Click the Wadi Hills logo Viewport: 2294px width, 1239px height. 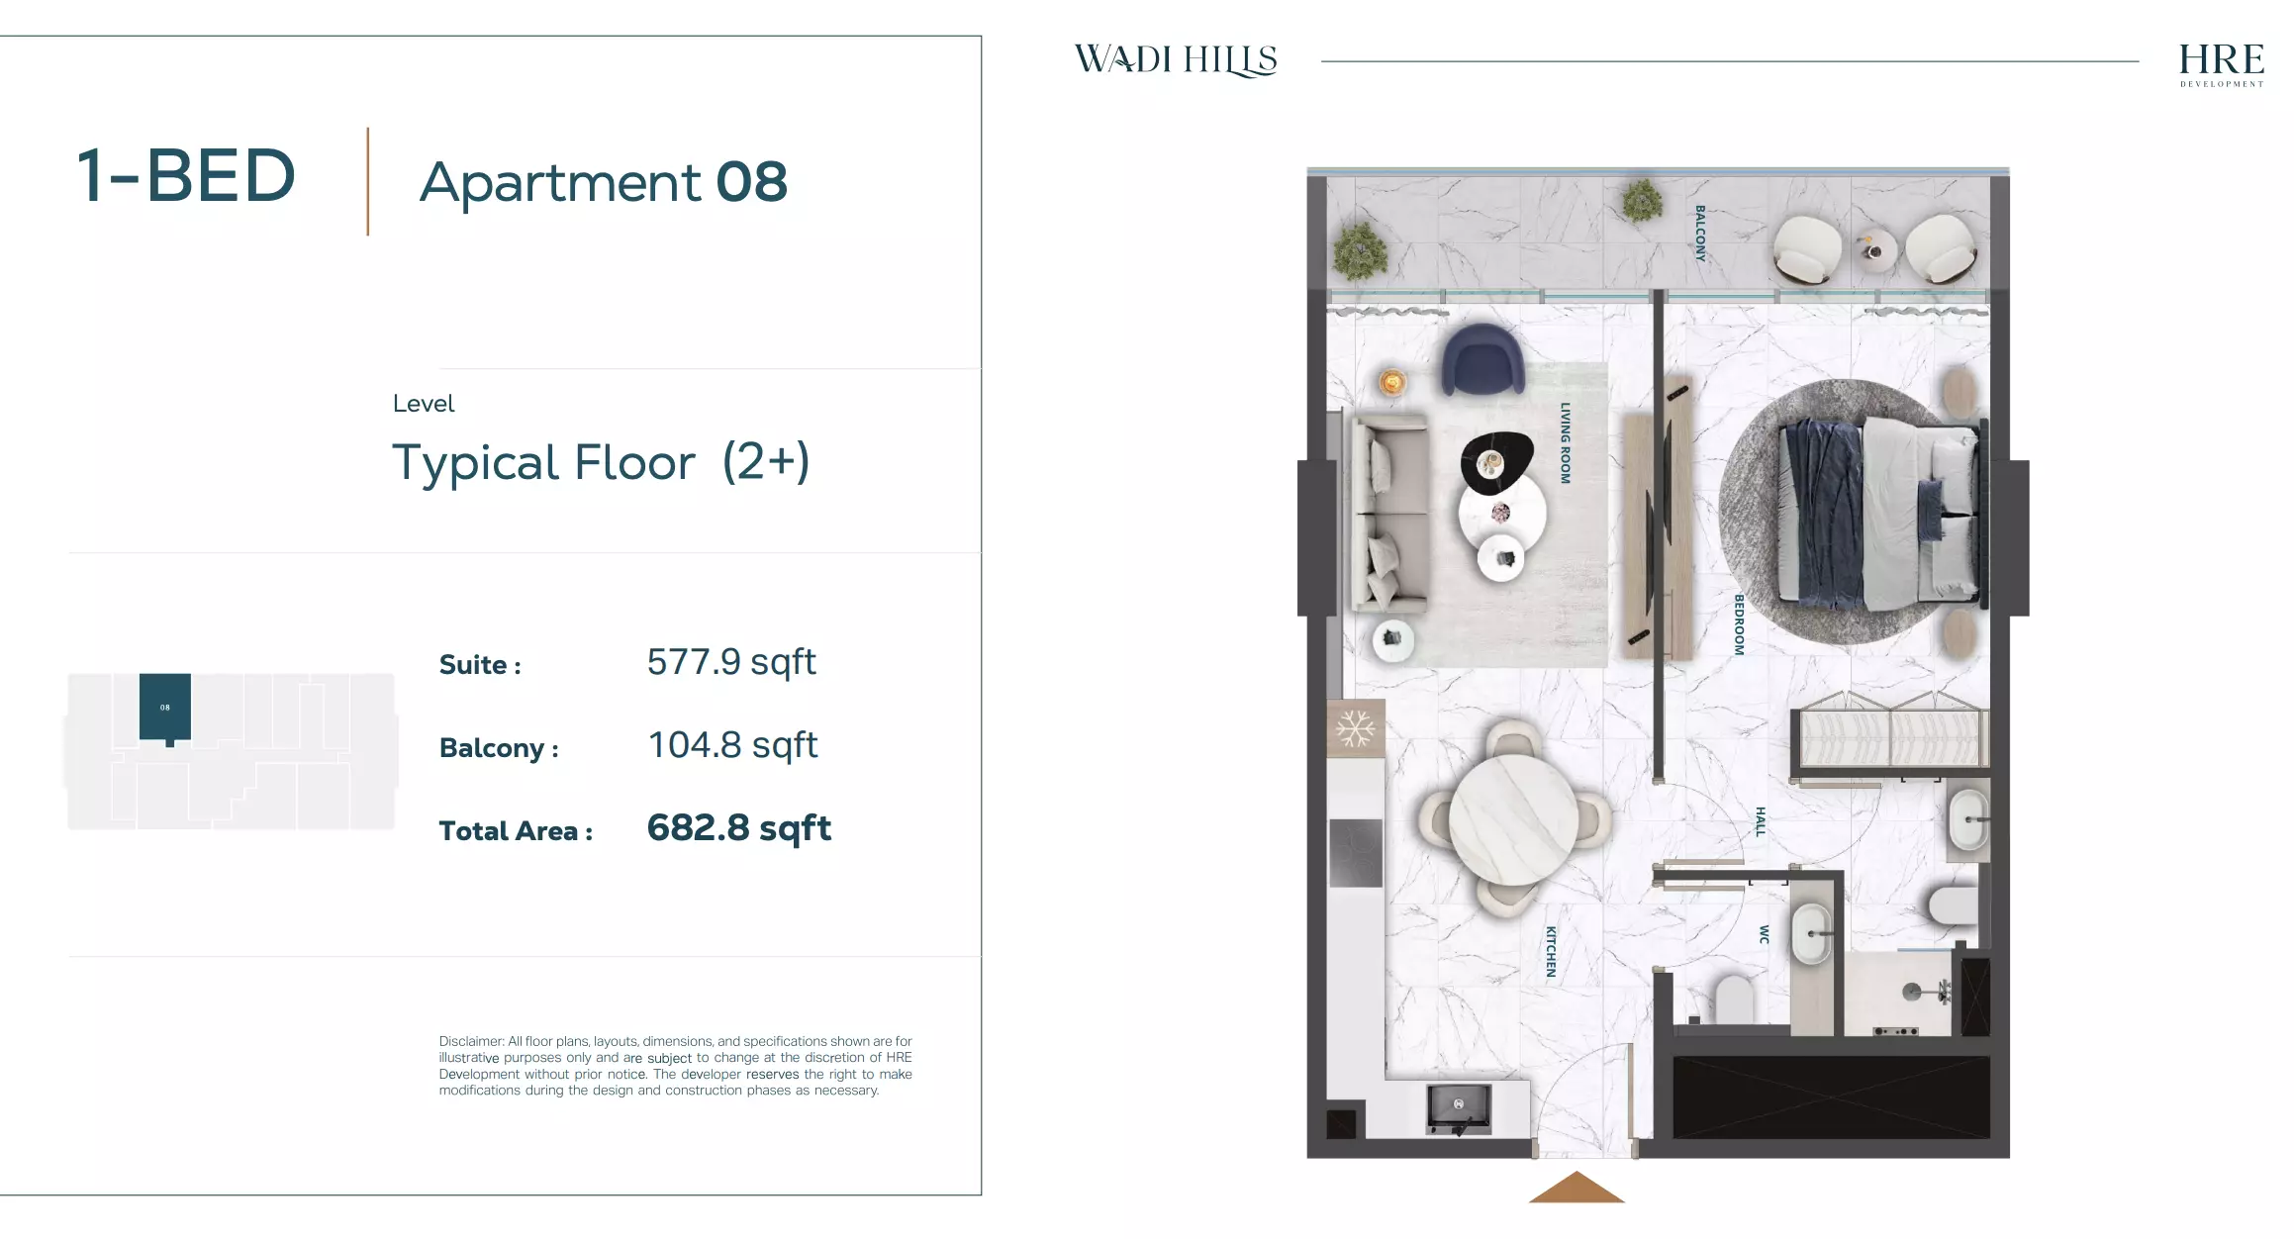[1176, 60]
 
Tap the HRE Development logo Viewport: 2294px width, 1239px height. [2221, 63]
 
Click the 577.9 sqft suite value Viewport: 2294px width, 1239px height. [731, 662]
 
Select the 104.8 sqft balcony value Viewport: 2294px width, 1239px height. [732, 745]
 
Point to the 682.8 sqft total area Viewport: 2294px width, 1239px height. [738, 828]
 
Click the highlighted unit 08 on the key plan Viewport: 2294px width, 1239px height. [165, 707]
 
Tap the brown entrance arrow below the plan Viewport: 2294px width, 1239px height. [1577, 1188]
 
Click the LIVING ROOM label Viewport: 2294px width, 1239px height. [1566, 442]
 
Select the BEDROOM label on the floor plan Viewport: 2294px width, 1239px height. [1739, 624]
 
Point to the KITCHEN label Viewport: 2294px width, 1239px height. [1551, 952]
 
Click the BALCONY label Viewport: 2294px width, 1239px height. [1700, 233]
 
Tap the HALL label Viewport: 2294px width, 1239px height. [1760, 821]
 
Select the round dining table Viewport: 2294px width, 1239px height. [1513, 819]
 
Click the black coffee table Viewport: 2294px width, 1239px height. [1496, 462]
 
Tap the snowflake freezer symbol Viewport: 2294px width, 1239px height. [1355, 729]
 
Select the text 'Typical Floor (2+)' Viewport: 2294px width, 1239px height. [601, 462]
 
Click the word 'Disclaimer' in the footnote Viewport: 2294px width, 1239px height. [471, 1041]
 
